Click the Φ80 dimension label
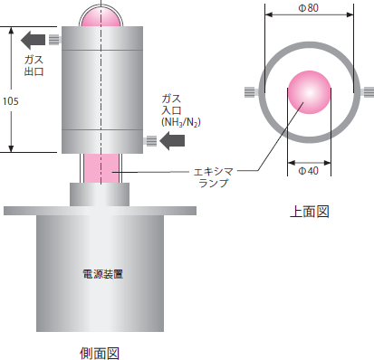coord(309,8)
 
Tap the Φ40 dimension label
coord(309,171)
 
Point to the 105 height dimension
coord(11,101)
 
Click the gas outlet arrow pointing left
coord(33,40)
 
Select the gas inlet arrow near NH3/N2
coord(172,140)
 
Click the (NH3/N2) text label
coord(181,122)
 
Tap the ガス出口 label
coord(34,65)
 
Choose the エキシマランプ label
coord(214,177)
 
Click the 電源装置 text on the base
coord(102,274)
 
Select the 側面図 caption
coord(100,353)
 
